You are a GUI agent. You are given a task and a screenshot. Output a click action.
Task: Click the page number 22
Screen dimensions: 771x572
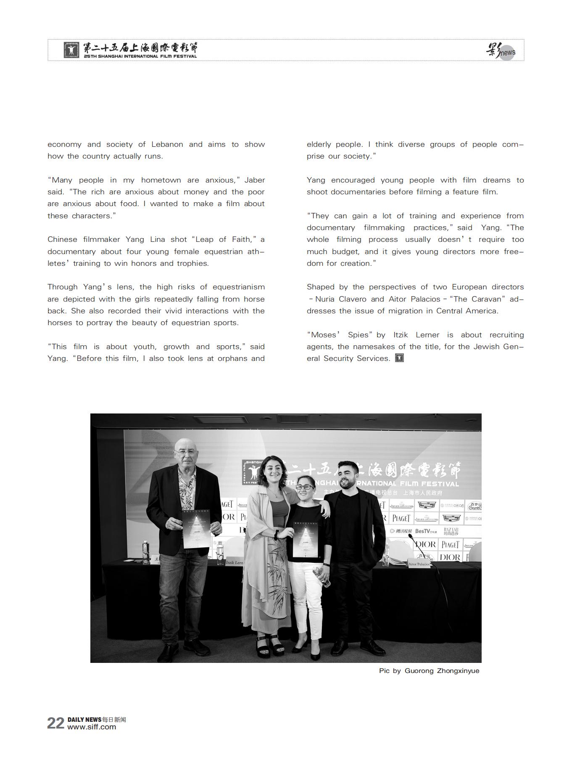[x=55, y=723]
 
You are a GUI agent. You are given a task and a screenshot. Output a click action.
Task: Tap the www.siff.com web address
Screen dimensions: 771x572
[x=92, y=727]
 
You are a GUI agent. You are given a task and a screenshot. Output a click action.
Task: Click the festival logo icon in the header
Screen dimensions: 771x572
[x=71, y=50]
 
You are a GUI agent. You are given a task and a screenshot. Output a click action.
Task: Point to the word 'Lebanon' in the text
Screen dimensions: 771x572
[x=167, y=144]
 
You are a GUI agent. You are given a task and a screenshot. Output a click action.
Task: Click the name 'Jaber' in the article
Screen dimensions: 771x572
[x=255, y=180]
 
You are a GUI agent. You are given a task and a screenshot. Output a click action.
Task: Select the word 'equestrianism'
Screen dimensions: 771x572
[x=239, y=287]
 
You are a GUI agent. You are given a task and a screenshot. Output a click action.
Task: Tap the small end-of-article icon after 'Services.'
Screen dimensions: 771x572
[x=399, y=358]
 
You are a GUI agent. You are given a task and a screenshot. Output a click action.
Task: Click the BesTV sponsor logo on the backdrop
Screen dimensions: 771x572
[x=425, y=531]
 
